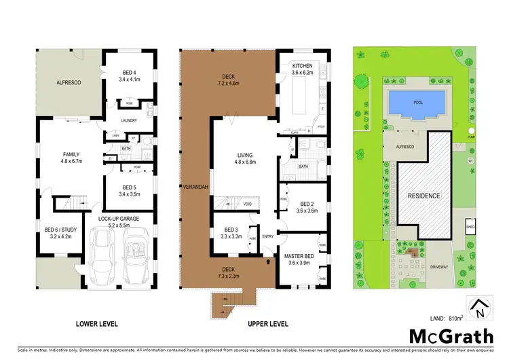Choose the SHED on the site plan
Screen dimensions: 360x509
[470, 227]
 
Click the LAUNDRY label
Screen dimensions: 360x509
[129, 121]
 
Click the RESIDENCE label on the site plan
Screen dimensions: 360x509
[423, 196]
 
